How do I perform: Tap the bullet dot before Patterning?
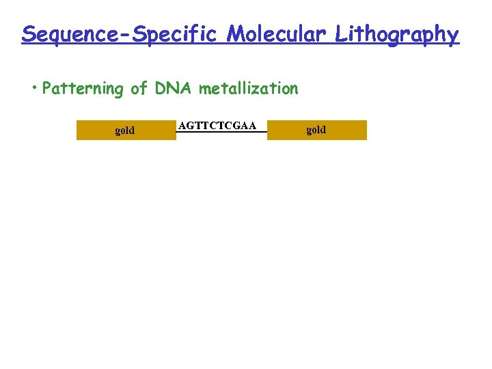click(33, 89)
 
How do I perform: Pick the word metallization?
click(249, 89)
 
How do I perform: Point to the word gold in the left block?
click(125, 130)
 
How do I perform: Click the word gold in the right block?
click(316, 130)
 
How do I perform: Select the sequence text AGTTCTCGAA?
click(217, 125)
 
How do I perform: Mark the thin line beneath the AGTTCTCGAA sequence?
click(221, 132)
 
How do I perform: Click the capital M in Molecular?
click(236, 33)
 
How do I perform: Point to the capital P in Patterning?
click(46, 89)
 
